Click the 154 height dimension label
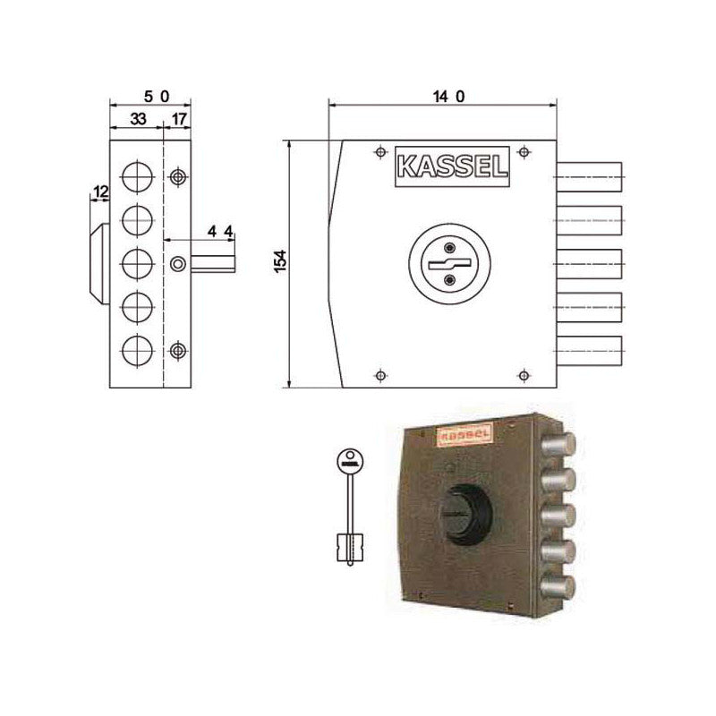click(279, 263)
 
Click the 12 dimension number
click(100, 192)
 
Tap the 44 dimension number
click(220, 232)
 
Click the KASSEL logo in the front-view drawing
click(451, 167)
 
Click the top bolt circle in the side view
click(136, 175)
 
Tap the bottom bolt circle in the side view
click(136, 348)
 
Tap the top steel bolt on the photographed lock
click(560, 446)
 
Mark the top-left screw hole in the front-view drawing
click(380, 150)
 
